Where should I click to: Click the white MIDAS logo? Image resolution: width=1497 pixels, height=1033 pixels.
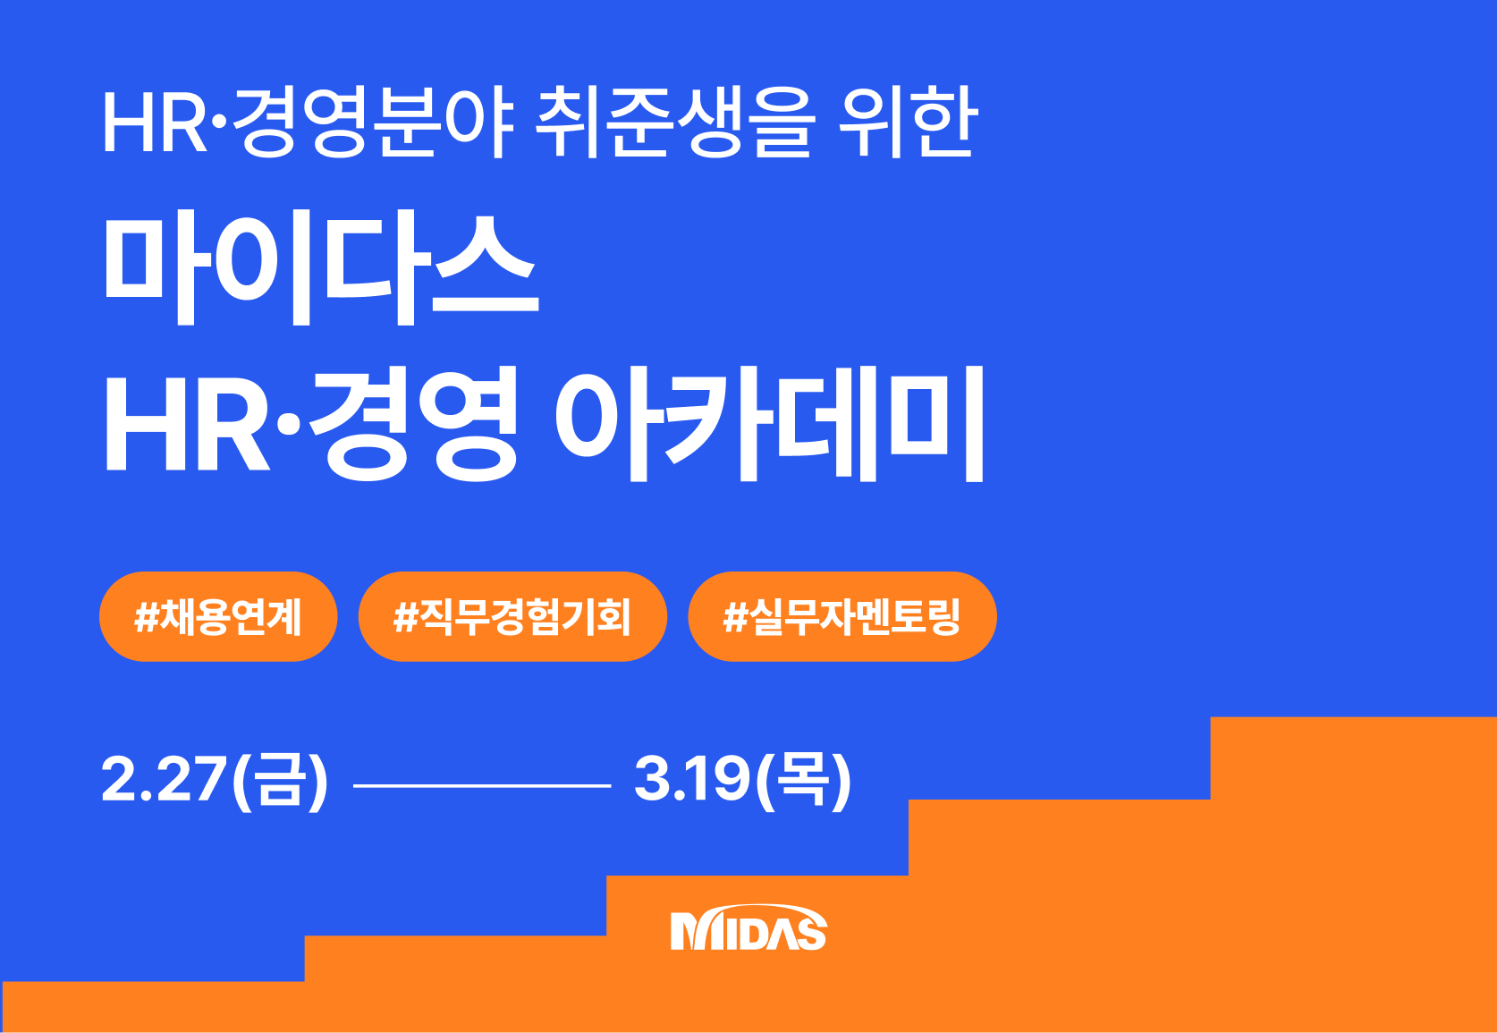pyautogui.click(x=748, y=927)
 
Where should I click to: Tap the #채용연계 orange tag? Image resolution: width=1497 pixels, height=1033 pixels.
pyautogui.click(x=218, y=616)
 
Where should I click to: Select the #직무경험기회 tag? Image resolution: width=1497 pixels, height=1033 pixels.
pyautogui.click(x=512, y=616)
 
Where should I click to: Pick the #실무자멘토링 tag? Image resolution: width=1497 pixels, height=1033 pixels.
pyautogui.click(x=842, y=616)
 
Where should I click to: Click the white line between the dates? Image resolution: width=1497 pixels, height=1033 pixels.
pyautogui.click(x=482, y=786)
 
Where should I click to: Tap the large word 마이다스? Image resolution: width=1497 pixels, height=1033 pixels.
pyautogui.click(x=321, y=268)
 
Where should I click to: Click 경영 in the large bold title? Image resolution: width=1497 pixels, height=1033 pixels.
pyautogui.click(x=413, y=424)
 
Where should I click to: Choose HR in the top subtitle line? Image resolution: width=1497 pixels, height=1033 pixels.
pyautogui.click(x=155, y=123)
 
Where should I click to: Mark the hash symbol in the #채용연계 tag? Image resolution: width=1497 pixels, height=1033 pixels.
pyautogui.click(x=146, y=617)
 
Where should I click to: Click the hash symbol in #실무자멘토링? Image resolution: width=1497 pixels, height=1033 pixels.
pyautogui.click(x=734, y=617)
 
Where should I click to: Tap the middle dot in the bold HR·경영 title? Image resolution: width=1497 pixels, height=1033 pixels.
pyautogui.click(x=289, y=424)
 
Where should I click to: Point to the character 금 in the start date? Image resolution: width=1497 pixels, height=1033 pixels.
pyautogui.click(x=276, y=780)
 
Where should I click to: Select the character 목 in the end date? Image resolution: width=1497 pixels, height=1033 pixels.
pyautogui.click(x=803, y=780)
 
